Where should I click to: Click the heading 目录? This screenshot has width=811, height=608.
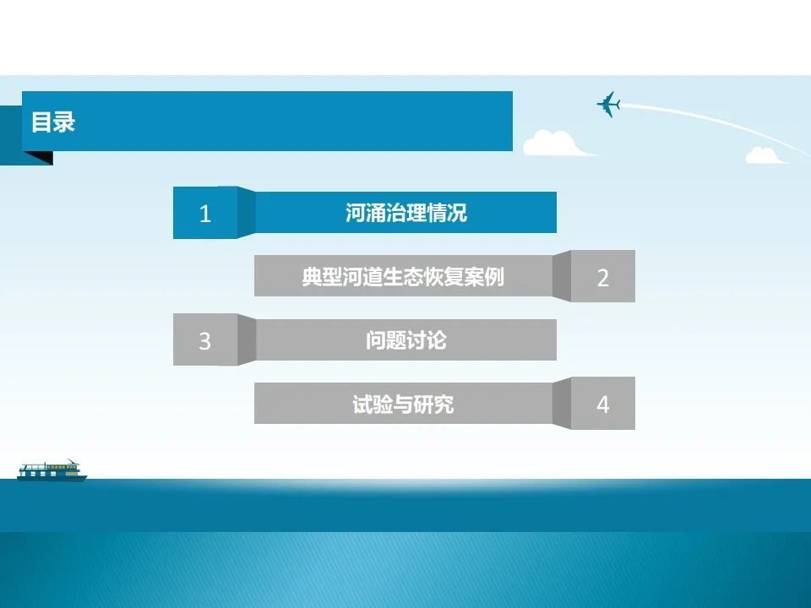(53, 122)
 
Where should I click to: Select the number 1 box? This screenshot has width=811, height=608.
(205, 213)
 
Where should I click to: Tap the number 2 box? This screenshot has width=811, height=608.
(603, 276)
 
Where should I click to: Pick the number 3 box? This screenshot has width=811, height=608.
(205, 339)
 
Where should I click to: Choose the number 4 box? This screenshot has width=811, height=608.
(603, 404)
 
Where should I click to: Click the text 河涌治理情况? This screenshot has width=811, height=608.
(406, 213)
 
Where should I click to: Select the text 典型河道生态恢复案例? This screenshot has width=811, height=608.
(403, 277)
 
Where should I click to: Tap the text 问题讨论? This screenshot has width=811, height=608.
(406, 340)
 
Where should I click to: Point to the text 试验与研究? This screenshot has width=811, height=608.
(403, 404)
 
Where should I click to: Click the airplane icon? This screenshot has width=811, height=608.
(609, 104)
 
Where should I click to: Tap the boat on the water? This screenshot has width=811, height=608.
(52, 470)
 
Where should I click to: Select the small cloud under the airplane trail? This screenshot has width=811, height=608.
(765, 155)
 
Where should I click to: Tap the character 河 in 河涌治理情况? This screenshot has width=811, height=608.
(356, 213)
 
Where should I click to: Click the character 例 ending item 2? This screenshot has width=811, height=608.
(494, 277)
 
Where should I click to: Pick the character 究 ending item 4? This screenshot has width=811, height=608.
(444, 404)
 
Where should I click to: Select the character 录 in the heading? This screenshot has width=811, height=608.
(65, 122)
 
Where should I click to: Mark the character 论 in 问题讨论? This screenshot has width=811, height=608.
(437, 340)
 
